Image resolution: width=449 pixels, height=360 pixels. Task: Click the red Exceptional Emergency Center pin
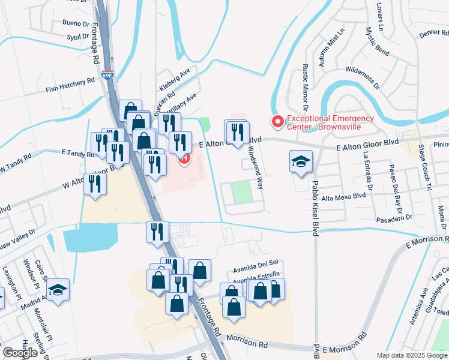277,122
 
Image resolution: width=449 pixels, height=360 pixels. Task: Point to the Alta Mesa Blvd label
343,196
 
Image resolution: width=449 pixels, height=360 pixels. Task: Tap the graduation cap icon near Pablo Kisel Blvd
301,161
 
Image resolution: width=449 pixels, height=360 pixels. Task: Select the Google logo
20,353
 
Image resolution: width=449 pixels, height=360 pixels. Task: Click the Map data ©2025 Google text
412,355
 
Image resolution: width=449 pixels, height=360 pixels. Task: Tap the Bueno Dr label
75,23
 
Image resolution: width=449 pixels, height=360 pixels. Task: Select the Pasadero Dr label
393,217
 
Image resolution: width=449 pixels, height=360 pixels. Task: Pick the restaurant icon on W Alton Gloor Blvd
95,185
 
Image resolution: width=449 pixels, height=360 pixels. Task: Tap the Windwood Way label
256,169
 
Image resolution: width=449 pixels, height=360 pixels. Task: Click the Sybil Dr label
78,37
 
